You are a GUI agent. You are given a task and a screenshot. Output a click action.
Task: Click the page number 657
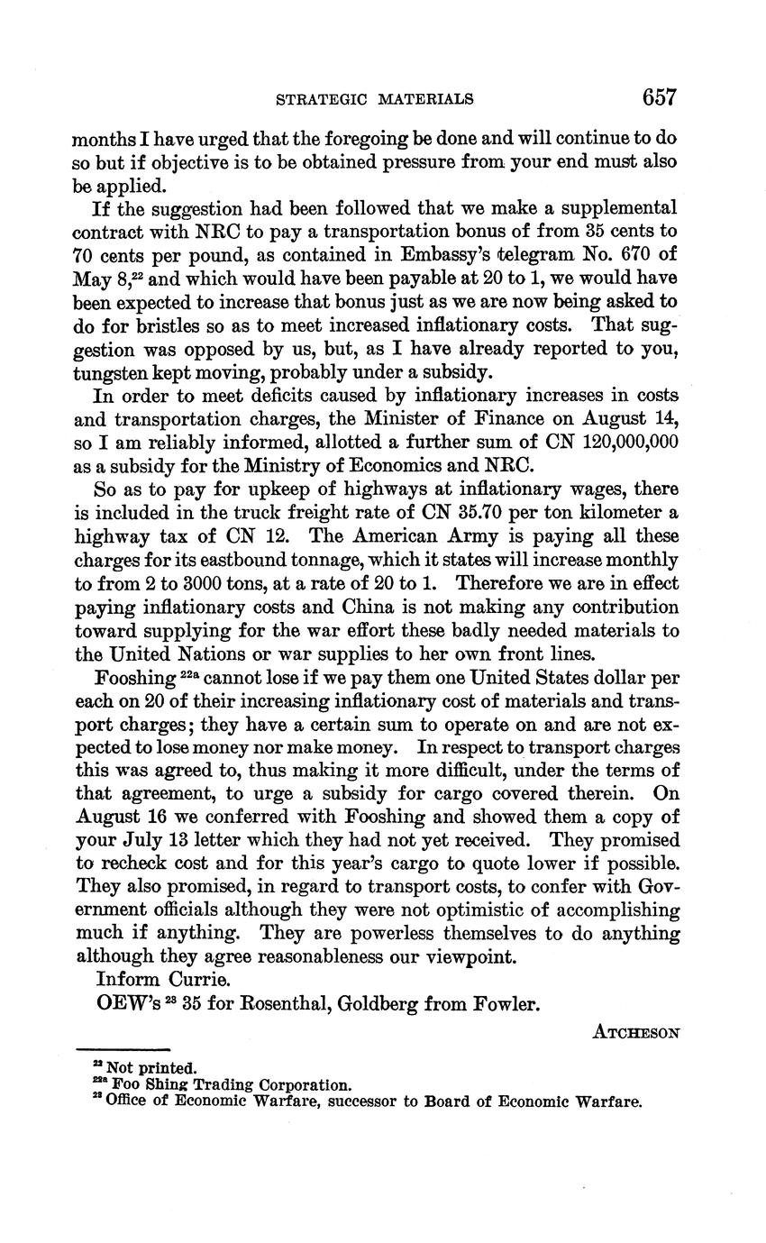click(660, 97)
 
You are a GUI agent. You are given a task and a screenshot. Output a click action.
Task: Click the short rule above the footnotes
click(123, 1048)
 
